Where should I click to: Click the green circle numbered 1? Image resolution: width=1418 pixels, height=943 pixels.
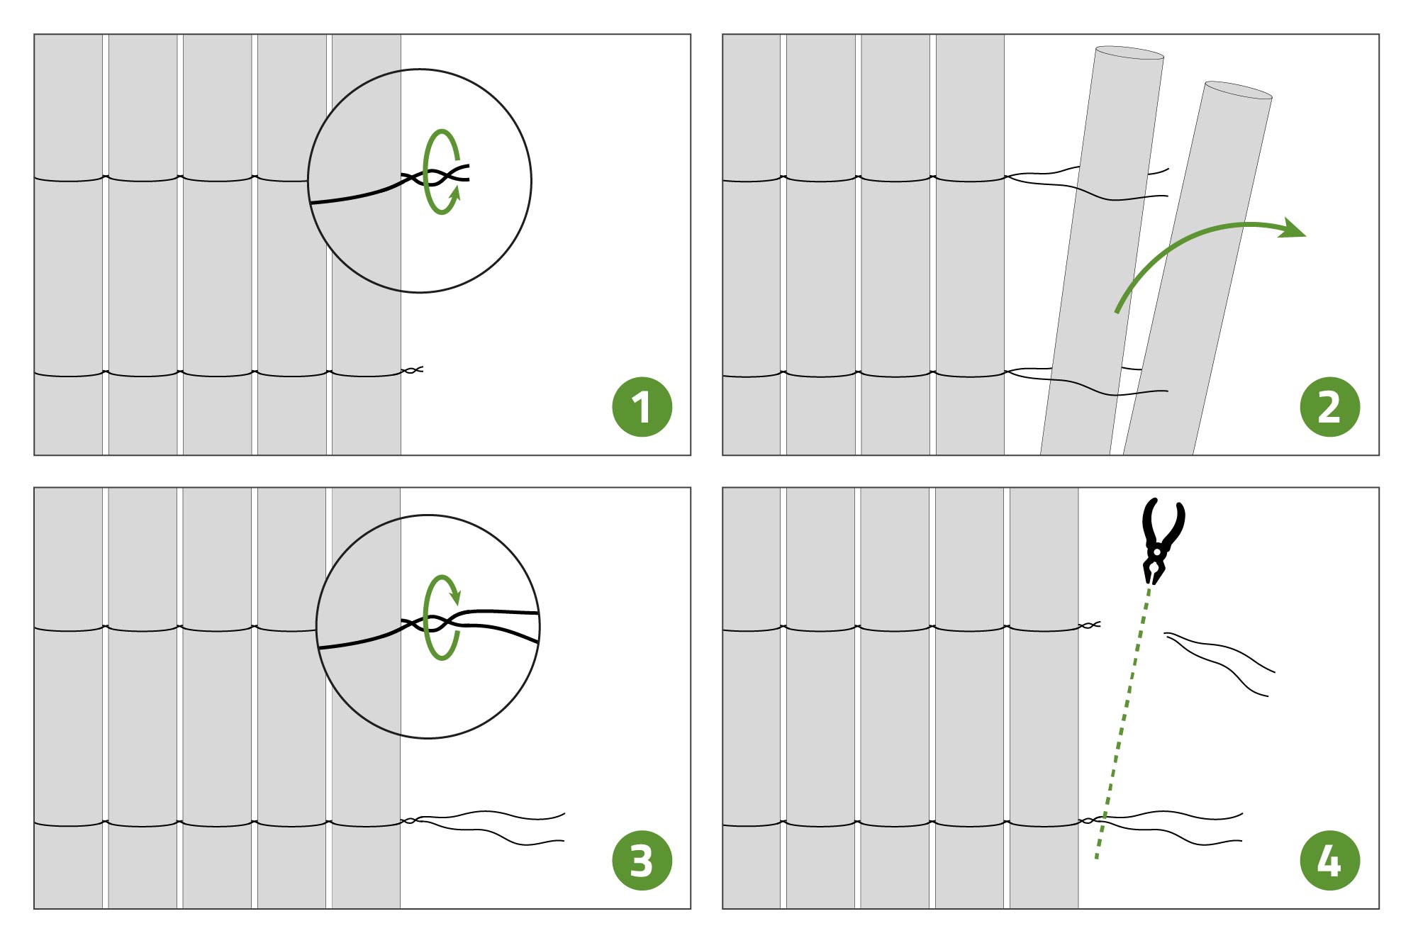642,407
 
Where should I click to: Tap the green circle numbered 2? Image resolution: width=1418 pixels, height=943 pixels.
1329,407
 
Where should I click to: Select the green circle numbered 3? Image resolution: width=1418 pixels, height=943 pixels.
642,861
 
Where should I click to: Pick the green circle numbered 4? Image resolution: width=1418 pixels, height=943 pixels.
1329,861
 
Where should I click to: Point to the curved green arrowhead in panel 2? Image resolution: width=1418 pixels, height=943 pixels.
1292,228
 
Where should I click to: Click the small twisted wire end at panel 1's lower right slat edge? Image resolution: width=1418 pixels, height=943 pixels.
413,369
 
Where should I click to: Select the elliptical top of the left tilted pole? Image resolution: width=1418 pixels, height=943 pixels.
1129,52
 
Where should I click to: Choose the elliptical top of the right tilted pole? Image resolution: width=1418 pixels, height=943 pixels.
1239,89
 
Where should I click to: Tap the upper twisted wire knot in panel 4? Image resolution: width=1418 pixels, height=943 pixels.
1089,625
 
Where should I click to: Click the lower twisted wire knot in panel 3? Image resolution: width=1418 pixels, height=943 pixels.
410,820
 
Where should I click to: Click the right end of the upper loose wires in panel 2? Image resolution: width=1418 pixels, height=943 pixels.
1168,182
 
